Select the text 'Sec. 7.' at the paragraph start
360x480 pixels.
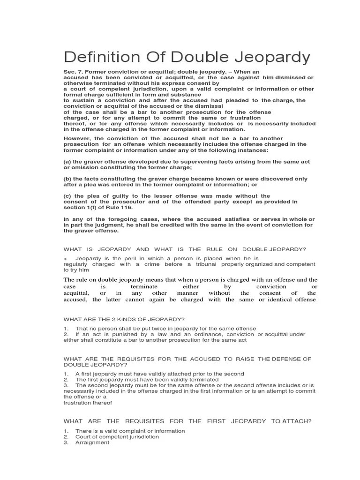click(74, 72)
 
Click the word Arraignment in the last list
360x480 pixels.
click(92, 442)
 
